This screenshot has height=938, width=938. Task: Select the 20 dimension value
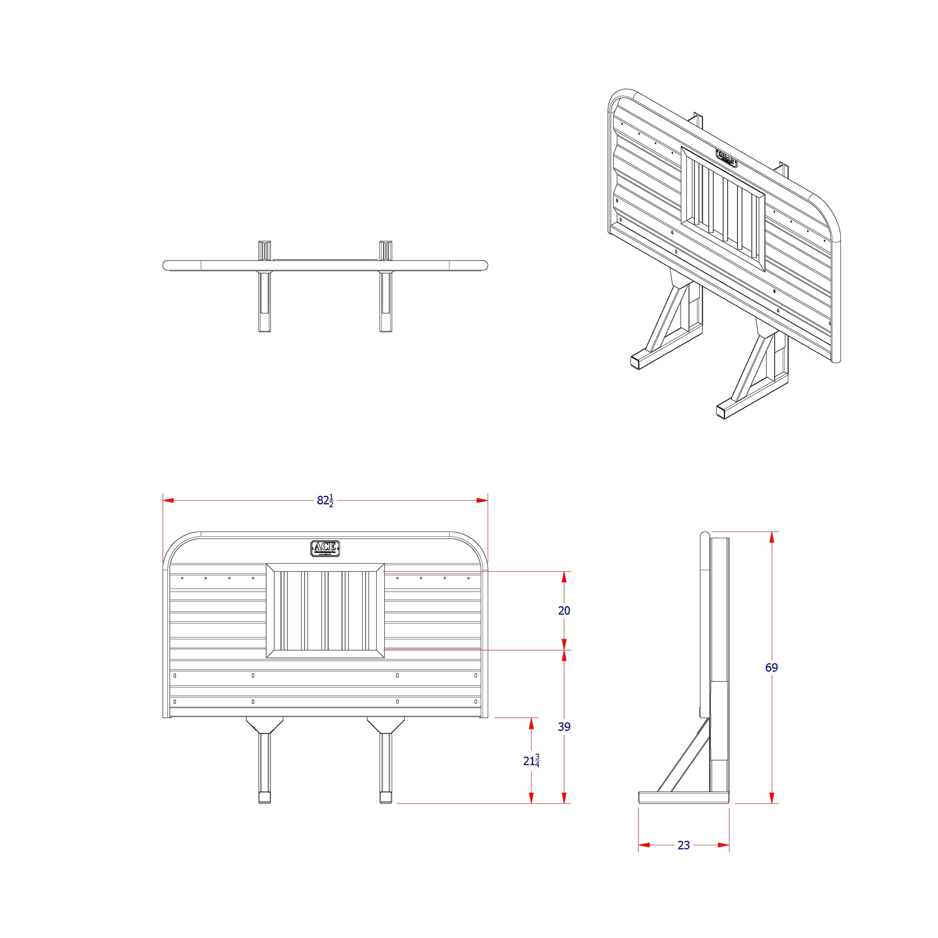(x=564, y=611)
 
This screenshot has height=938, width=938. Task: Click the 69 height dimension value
(x=771, y=667)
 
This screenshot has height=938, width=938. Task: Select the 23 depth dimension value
(x=684, y=845)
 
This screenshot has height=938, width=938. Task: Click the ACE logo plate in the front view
(x=325, y=548)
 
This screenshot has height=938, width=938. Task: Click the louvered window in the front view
(x=325, y=611)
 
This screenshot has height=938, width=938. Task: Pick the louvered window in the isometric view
(x=723, y=209)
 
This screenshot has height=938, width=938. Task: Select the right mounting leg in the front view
(x=385, y=765)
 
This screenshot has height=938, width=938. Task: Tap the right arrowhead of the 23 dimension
(x=723, y=845)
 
